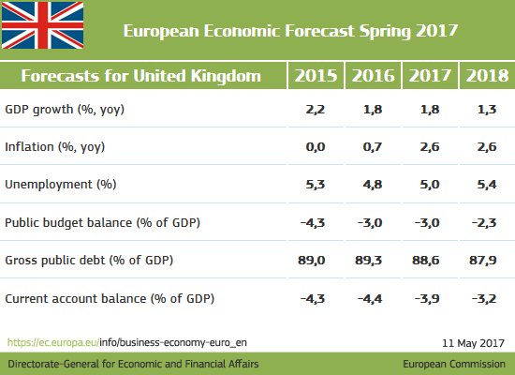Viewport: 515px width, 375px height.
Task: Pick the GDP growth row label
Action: (65, 111)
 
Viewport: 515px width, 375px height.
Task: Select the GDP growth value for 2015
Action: (314, 111)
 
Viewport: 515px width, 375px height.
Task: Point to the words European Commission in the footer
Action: (455, 362)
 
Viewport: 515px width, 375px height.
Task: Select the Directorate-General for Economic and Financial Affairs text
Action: (133, 362)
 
